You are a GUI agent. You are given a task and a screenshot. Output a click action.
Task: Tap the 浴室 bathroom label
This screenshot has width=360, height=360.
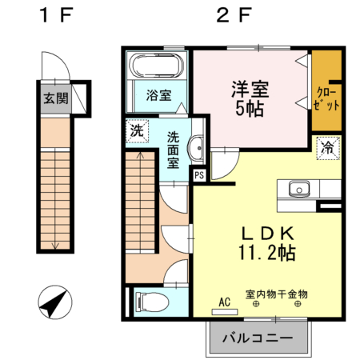click(x=158, y=95)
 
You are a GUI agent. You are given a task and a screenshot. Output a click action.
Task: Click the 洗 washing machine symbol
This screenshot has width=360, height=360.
click(x=137, y=130)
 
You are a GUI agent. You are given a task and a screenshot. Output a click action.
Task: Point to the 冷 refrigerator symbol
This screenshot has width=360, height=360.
click(x=327, y=147)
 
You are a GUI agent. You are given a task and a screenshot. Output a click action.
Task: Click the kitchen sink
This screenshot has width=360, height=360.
click(x=300, y=190)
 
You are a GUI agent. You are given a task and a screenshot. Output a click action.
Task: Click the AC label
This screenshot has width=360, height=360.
click(x=224, y=302)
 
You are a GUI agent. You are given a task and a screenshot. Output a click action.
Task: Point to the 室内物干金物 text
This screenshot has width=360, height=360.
click(x=277, y=294)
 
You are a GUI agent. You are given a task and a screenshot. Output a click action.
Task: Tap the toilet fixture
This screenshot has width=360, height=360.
click(x=151, y=302)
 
